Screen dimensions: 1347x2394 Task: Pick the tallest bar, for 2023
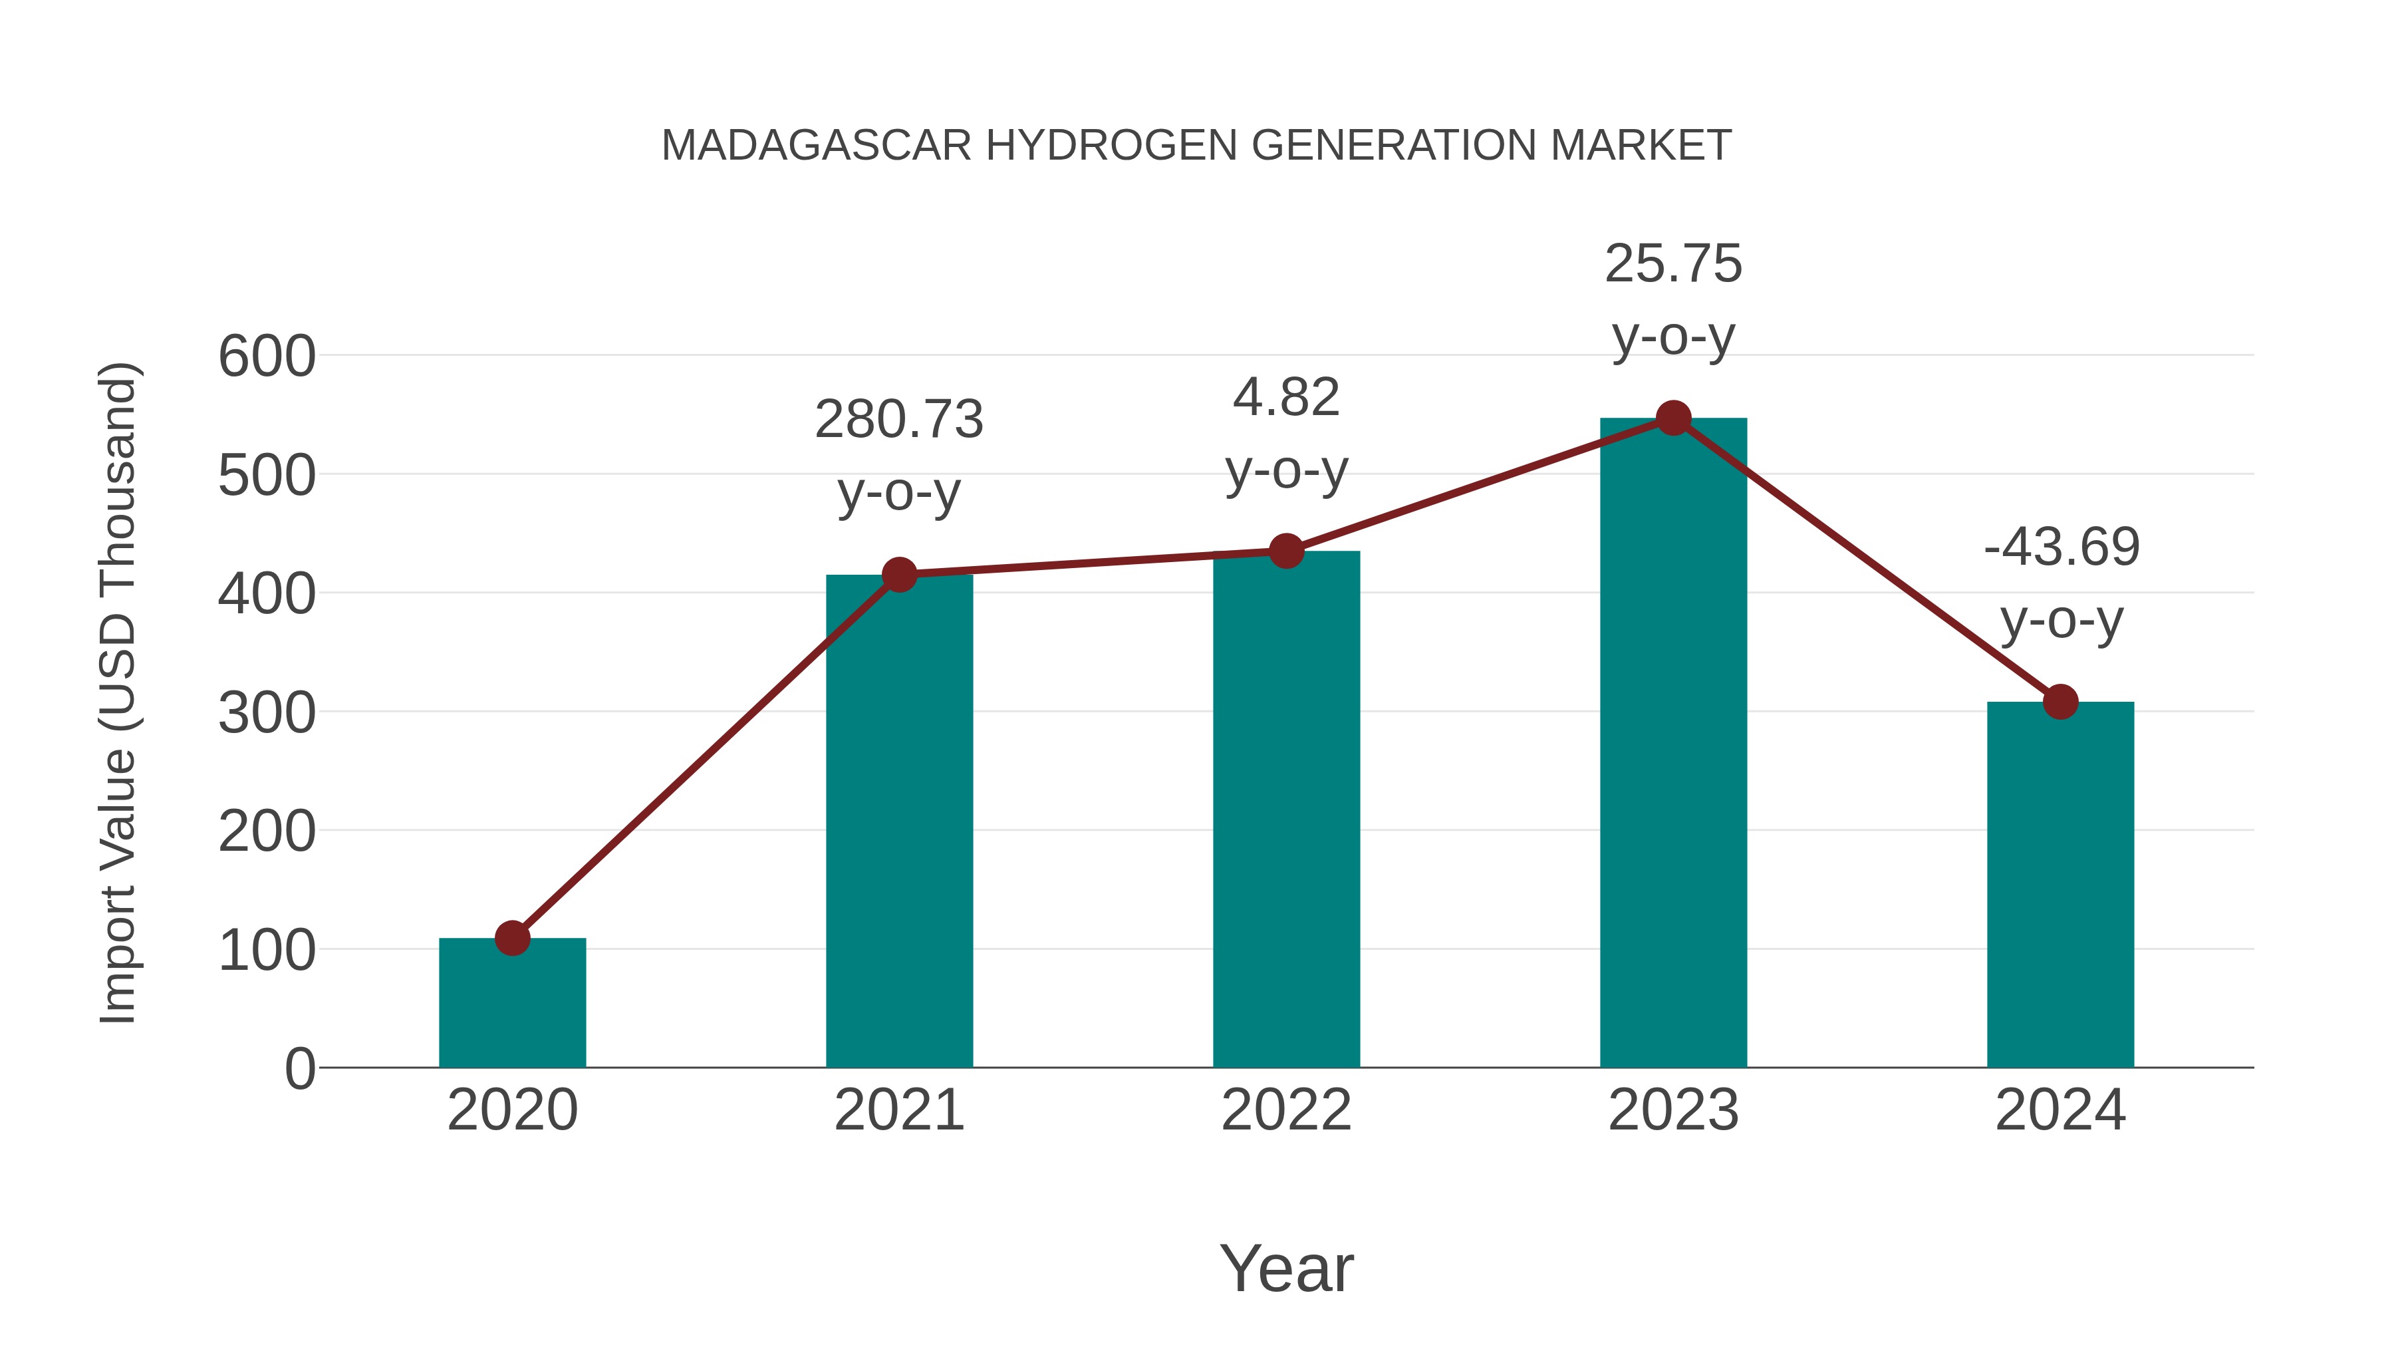pos(1673,744)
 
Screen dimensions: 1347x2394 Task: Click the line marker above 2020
pos(512,938)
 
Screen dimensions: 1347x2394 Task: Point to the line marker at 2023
pos(1673,418)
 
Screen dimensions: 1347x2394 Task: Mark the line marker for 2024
pos(2060,702)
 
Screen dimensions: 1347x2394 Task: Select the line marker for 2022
pos(1286,551)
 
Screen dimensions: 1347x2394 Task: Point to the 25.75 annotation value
pos(1673,264)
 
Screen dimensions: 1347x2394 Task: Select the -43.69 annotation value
pos(2060,547)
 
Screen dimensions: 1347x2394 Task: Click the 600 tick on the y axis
pos(267,357)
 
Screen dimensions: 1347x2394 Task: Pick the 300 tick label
pos(267,714)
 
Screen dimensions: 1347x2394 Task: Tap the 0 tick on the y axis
pos(299,1069)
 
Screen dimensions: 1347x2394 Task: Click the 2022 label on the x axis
pos(1286,1110)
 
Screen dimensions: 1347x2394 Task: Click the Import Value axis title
pos(119,692)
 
